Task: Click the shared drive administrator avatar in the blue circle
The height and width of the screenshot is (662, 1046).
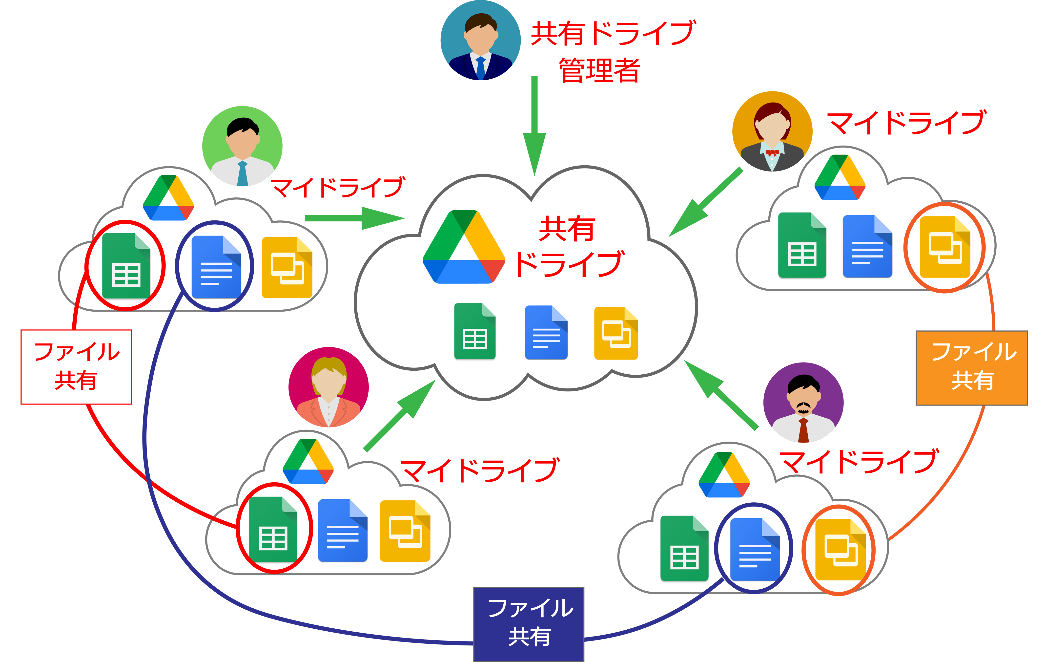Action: tap(480, 41)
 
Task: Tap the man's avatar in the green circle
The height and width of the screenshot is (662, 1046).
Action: tap(242, 147)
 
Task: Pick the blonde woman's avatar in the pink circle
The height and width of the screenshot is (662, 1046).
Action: tap(328, 387)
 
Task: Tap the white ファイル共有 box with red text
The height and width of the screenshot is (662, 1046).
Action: tap(76, 367)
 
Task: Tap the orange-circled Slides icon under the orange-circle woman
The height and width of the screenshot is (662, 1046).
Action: tap(945, 247)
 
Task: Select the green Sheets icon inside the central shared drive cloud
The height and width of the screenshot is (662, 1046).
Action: tap(475, 331)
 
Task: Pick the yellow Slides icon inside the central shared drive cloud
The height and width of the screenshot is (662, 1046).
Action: tap(615, 333)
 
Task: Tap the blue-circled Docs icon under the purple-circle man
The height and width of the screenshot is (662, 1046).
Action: tap(755, 549)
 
